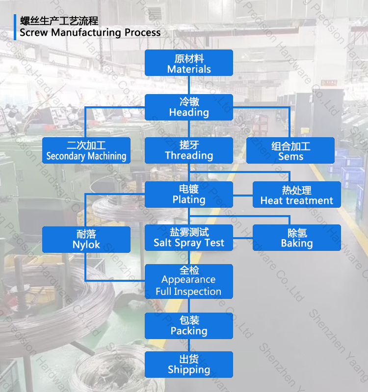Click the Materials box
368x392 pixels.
(189, 63)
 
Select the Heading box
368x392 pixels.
(189, 107)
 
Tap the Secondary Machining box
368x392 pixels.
(86, 150)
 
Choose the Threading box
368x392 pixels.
(189, 150)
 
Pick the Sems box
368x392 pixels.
(290, 150)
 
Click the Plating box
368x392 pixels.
(189, 194)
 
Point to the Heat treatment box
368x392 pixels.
(296, 195)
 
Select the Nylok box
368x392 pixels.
(86, 239)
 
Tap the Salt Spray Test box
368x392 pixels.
(189, 238)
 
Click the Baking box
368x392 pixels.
(296, 238)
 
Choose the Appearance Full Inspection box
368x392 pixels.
(189, 281)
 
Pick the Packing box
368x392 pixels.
(189, 326)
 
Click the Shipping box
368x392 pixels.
(189, 364)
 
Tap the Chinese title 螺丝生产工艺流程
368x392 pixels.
(59, 21)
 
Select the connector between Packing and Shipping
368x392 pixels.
(189, 345)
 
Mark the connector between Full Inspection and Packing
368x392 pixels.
(189, 306)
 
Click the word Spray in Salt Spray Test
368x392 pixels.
(189, 244)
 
